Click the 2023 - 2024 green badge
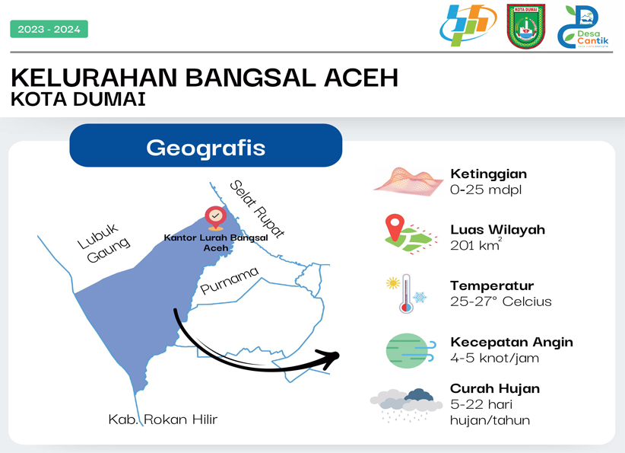[x=49, y=29]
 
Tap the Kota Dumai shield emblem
[x=525, y=27]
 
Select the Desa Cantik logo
[x=583, y=27]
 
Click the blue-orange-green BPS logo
[x=468, y=25]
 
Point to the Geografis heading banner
[x=206, y=145]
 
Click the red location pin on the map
[x=216, y=218]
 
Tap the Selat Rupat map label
[x=258, y=209]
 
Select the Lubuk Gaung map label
[x=103, y=243]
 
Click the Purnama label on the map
[x=229, y=281]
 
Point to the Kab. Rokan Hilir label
[x=163, y=419]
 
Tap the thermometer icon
[x=406, y=293]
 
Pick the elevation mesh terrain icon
[x=408, y=182]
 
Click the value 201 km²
[x=476, y=244]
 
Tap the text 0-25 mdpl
[x=486, y=190]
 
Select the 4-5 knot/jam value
[x=495, y=358]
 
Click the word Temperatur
[x=492, y=286]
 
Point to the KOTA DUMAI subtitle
[x=78, y=100]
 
